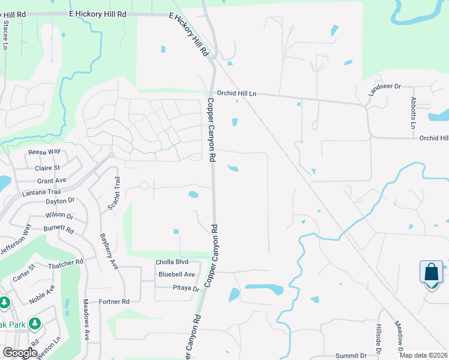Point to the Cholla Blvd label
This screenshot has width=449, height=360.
point(172,262)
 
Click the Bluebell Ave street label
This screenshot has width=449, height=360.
point(176,275)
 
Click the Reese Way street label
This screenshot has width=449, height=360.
point(44,152)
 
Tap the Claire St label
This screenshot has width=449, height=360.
point(49,168)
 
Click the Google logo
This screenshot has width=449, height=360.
point(20,353)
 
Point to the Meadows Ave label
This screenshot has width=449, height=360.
point(86,328)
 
